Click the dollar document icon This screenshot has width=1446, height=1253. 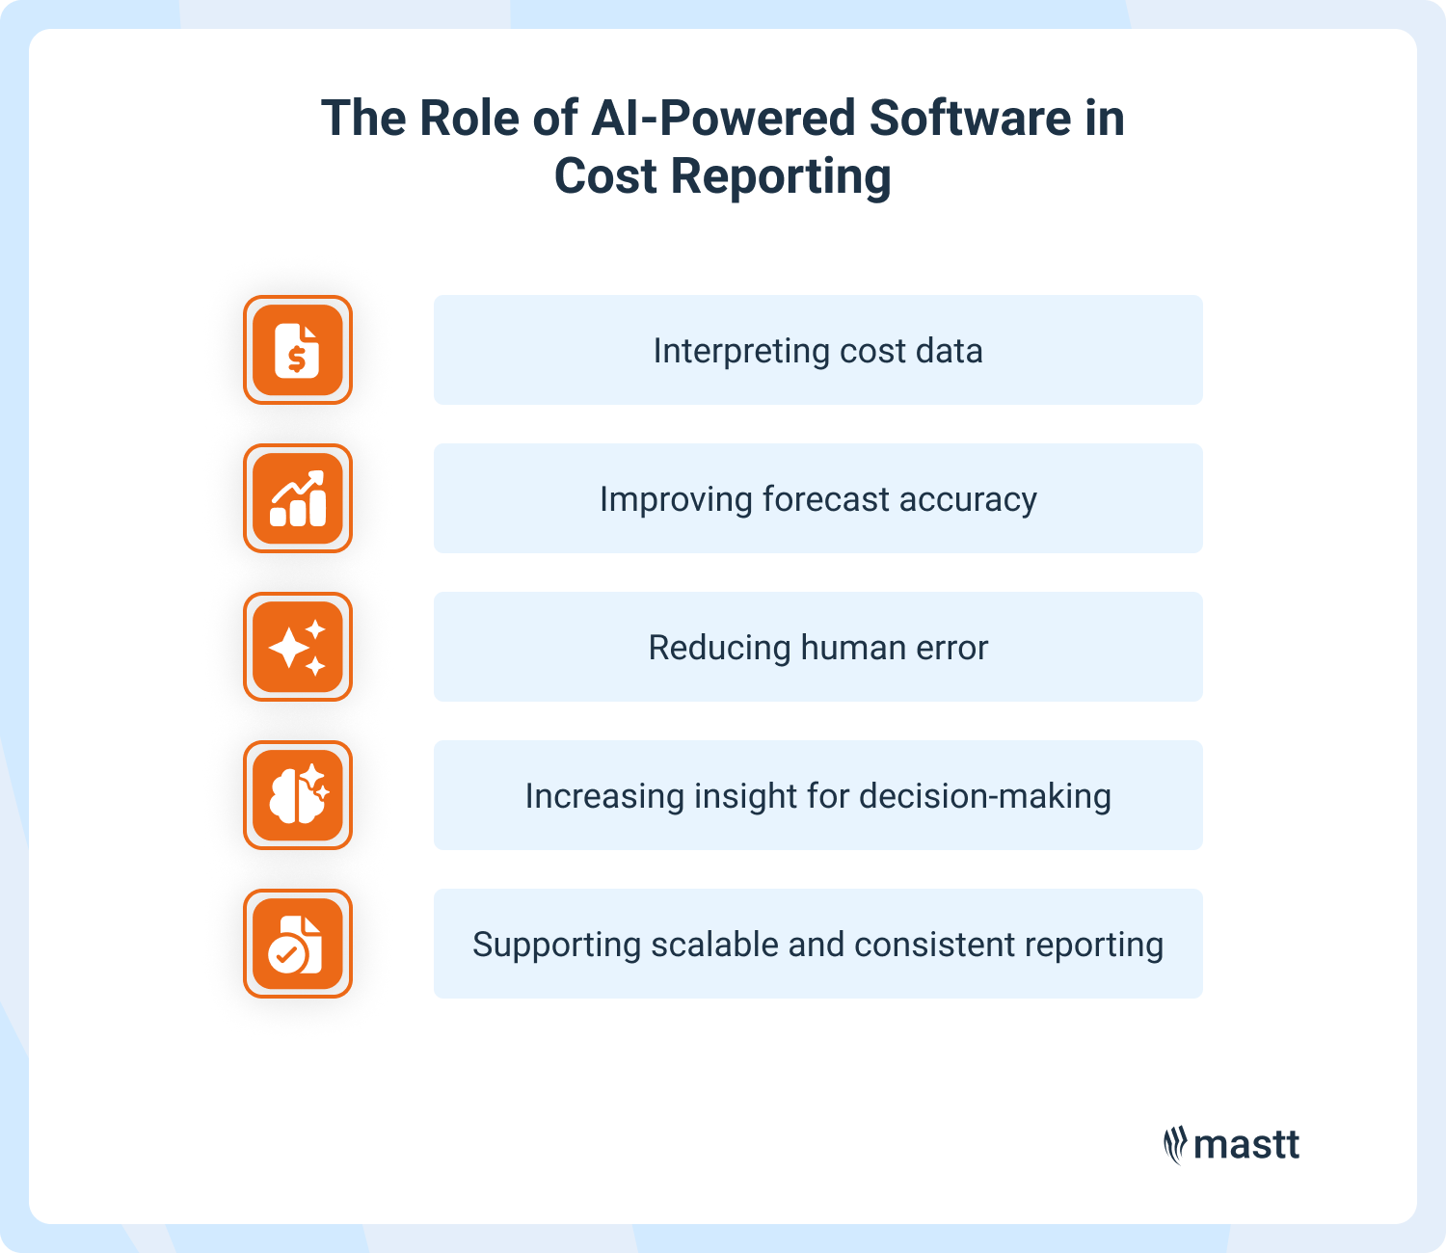point(297,350)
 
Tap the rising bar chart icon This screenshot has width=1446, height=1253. point(297,498)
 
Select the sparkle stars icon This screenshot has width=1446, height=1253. point(297,647)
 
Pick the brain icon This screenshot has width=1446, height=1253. point(297,795)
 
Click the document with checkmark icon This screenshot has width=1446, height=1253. point(297,944)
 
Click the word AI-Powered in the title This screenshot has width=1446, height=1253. point(723,119)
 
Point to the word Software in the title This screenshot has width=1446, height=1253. point(970,119)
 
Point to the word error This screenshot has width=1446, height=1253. point(952,648)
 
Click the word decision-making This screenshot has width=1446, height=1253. point(984,796)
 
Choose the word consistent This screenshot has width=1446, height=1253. point(934,945)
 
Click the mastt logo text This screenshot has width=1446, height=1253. point(1246,1145)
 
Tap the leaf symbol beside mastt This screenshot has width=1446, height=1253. point(1174,1145)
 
